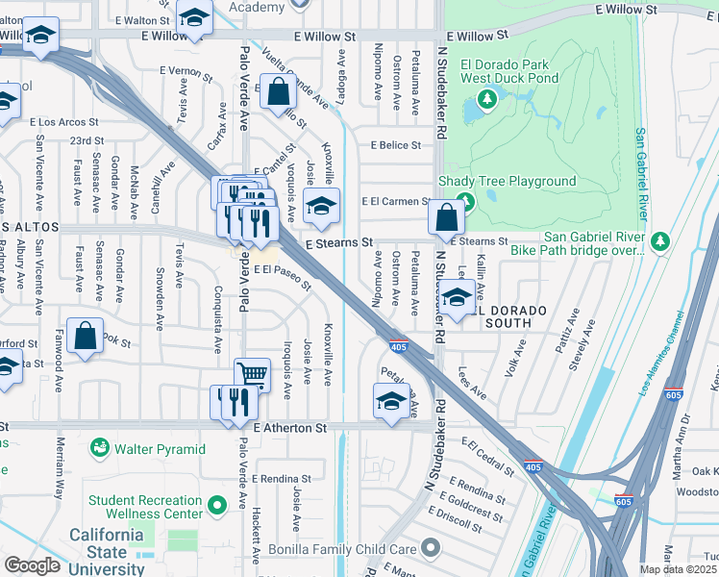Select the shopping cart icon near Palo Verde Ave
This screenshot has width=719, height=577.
251,373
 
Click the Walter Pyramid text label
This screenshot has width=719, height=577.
161,449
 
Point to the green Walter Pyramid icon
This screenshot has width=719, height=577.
99,448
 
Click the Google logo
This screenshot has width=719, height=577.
32,564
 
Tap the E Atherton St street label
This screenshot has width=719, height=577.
290,427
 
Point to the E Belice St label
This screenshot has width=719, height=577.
395,145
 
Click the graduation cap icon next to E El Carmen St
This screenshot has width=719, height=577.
322,204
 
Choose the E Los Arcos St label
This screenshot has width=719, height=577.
64,122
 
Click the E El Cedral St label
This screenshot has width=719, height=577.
488,456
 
